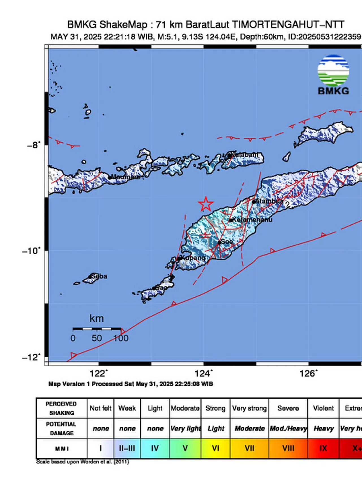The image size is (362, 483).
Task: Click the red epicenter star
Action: click(x=206, y=204)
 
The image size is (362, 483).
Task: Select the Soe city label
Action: click(x=227, y=242)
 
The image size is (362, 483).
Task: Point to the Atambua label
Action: click(x=269, y=201)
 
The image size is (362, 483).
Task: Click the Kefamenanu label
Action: click(x=252, y=220)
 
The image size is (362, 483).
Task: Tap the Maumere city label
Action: click(x=126, y=177)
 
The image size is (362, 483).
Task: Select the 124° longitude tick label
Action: click(x=203, y=374)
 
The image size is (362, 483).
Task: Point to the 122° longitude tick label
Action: click(x=98, y=374)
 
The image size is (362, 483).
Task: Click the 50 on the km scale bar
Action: click(x=97, y=338)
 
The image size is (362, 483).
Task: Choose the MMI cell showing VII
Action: click(x=249, y=448)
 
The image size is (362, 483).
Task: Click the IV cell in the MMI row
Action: click(x=155, y=448)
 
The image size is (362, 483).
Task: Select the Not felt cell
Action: click(x=100, y=408)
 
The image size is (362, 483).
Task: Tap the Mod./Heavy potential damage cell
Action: click(x=288, y=428)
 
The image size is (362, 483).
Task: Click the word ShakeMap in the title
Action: click(x=123, y=25)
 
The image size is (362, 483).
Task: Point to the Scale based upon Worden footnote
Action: click(x=83, y=462)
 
